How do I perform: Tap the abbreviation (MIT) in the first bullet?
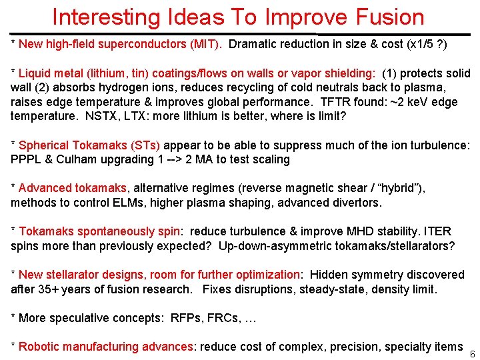pyautogui.click(x=207, y=44)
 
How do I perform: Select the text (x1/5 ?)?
pyautogui.click(x=425, y=44)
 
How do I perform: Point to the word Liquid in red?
pyautogui.click(x=34, y=73)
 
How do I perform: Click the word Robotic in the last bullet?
pyautogui.click(x=38, y=347)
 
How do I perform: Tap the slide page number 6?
pyautogui.click(x=472, y=353)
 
